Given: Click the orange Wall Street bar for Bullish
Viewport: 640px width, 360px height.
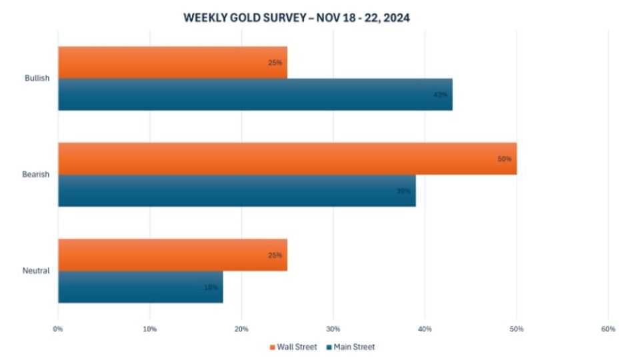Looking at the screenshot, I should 172,62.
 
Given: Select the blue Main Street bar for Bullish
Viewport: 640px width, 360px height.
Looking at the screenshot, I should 255,94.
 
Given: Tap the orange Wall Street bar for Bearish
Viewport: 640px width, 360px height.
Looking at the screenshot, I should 287,158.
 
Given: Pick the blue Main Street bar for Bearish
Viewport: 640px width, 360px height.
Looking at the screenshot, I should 237,190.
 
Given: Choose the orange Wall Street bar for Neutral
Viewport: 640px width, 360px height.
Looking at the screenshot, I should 172,255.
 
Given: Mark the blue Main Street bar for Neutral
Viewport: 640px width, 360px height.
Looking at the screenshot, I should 140,287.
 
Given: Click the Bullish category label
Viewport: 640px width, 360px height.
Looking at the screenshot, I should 37,78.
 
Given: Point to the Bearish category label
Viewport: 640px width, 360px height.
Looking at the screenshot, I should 37,175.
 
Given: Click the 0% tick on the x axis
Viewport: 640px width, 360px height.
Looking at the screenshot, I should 58,329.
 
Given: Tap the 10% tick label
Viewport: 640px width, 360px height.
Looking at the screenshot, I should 150,329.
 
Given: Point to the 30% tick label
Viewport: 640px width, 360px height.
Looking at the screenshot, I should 333,329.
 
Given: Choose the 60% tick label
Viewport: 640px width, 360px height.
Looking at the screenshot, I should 608,329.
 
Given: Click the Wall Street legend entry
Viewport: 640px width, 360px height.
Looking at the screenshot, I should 293,347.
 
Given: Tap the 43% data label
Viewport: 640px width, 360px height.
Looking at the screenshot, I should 439,95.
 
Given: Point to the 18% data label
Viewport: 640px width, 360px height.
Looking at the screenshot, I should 211,287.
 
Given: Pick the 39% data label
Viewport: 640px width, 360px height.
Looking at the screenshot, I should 403,191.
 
